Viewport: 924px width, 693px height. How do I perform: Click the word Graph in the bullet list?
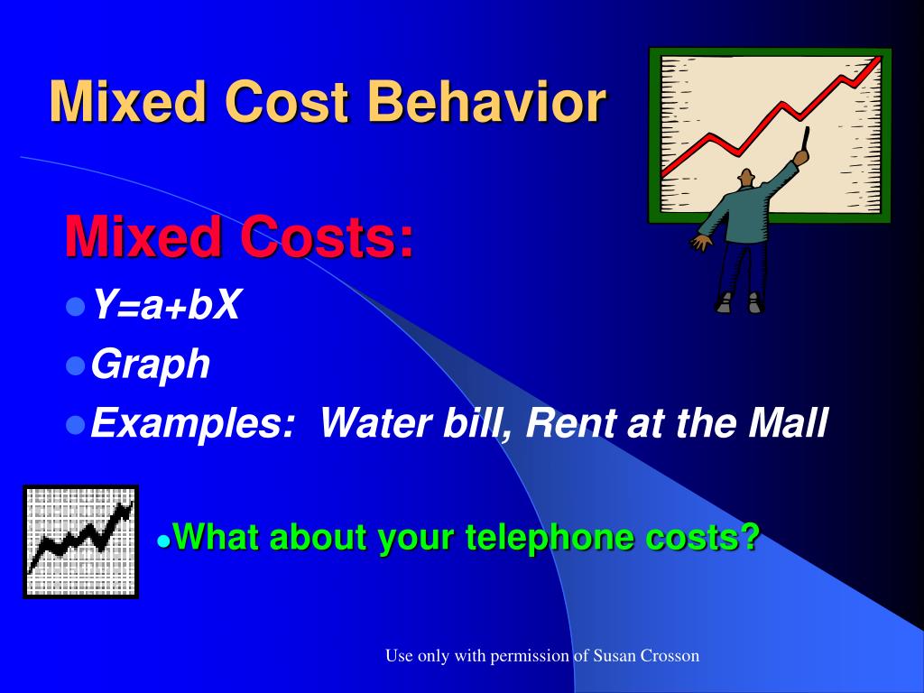pyautogui.click(x=152, y=365)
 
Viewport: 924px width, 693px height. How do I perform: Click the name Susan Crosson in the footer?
pyautogui.click(x=646, y=656)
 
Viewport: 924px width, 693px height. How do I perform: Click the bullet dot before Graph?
pyautogui.click(x=76, y=365)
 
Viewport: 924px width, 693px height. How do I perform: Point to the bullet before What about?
pyautogui.click(x=163, y=541)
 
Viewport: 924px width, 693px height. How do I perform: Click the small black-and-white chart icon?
pyautogui.click(x=80, y=541)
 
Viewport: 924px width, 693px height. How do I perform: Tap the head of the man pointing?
pyautogui.click(x=747, y=179)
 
